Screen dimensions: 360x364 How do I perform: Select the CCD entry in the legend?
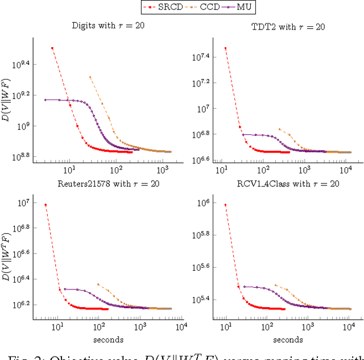(x=205, y=7)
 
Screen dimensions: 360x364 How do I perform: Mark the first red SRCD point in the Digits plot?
(x=52, y=48)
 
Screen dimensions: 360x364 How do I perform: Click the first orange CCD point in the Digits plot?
(x=90, y=77)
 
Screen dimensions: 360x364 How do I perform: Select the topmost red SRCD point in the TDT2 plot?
(x=225, y=48)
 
